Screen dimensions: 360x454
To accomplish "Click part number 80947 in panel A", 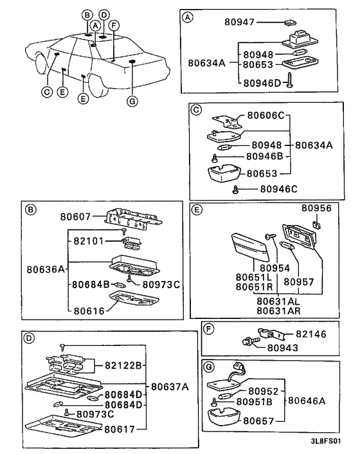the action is pyautogui.click(x=239, y=22).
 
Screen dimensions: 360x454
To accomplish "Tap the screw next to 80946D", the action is pyautogui.click(x=290, y=80).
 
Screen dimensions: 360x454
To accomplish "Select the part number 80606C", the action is pyautogui.click(x=266, y=116).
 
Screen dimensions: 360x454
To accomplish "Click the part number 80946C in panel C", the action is pyautogui.click(x=279, y=189).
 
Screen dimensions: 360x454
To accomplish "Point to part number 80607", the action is pyautogui.click(x=75, y=217).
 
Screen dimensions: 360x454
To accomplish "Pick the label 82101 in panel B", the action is pyautogui.click(x=88, y=241).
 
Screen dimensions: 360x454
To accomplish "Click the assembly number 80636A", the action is pyautogui.click(x=46, y=269).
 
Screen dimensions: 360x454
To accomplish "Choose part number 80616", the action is pyautogui.click(x=89, y=311).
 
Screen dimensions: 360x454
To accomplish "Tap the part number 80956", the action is pyautogui.click(x=316, y=208).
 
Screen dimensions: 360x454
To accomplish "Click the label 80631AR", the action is pyautogui.click(x=278, y=311).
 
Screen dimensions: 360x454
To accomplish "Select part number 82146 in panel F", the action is pyautogui.click(x=310, y=334).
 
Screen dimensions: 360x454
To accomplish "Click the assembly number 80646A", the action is pyautogui.click(x=307, y=401).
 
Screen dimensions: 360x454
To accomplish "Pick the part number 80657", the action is pyautogui.click(x=258, y=421).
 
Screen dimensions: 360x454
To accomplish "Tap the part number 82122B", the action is pyautogui.click(x=123, y=366).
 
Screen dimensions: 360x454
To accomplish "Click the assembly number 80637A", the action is pyautogui.click(x=170, y=387).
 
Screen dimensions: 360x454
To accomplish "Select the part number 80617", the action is pyautogui.click(x=120, y=429).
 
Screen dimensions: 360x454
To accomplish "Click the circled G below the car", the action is pyautogui.click(x=132, y=102).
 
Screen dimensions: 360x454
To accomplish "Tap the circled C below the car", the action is pyautogui.click(x=46, y=92).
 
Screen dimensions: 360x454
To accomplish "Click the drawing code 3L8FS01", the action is pyautogui.click(x=326, y=441).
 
